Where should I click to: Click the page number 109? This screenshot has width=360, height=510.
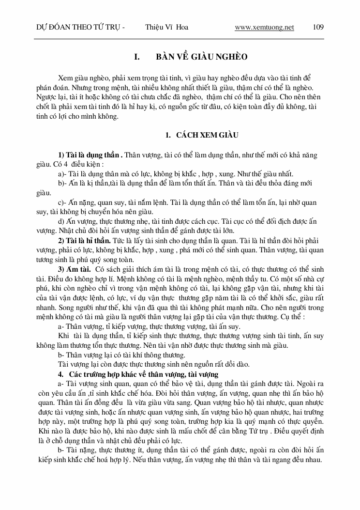pos(318,27)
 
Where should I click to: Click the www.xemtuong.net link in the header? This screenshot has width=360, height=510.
pos(264,27)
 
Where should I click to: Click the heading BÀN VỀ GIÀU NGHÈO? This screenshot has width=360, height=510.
pos(202,57)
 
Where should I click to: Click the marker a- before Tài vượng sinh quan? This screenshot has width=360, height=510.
pos(61,384)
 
